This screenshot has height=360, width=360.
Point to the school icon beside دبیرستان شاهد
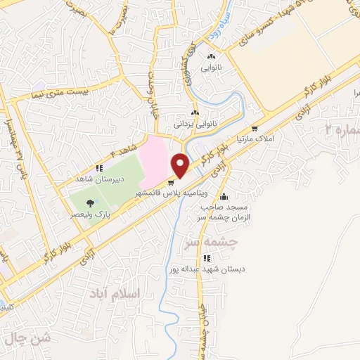(x=99, y=169)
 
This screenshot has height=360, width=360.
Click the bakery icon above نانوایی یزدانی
(x=195, y=112)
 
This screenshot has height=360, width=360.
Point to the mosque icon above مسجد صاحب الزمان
(x=224, y=196)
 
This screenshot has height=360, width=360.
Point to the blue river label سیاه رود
(x=212, y=30)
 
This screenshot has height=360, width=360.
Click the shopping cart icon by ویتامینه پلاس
(x=170, y=184)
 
